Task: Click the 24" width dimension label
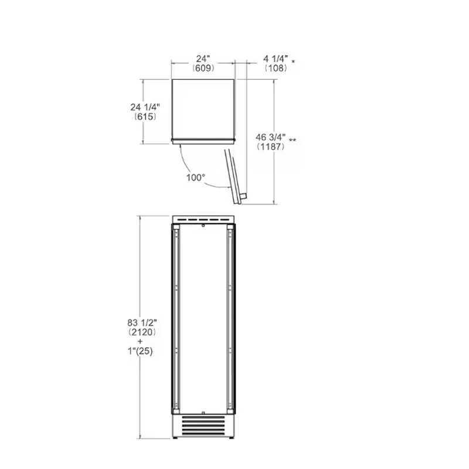click(203, 59)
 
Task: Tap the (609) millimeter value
click(203, 68)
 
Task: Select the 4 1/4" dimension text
click(276, 59)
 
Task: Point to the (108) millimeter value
click(276, 68)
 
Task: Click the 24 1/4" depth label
click(145, 107)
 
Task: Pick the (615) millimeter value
click(145, 116)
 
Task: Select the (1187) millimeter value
click(271, 147)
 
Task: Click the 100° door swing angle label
click(196, 178)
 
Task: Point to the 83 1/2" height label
click(142, 323)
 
